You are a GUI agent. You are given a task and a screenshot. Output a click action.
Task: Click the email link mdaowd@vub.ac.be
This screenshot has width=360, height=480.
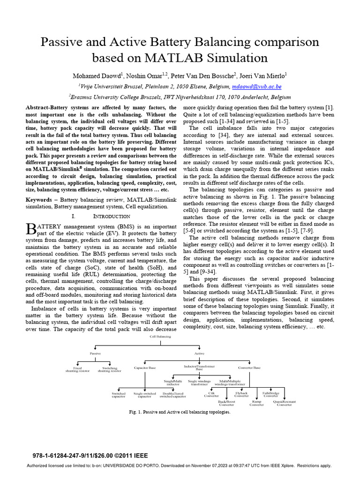pos(256,87)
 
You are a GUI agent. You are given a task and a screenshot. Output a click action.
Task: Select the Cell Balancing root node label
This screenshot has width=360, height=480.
pos(160,337)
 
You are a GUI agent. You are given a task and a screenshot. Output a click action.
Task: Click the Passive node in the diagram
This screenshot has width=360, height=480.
pos(95,353)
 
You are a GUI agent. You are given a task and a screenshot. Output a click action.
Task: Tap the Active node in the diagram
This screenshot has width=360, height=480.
pos(199,353)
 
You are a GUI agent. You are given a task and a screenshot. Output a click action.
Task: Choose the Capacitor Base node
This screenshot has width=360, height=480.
pos(145,368)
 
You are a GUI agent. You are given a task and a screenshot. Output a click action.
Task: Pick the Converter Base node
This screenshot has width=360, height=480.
pos(249,368)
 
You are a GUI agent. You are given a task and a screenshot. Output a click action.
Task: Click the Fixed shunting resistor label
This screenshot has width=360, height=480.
pos(77,369)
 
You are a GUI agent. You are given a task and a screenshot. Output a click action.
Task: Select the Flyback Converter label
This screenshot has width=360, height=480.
pos(242,395)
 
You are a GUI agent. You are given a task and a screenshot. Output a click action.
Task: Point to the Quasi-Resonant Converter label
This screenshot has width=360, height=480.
pos(284,403)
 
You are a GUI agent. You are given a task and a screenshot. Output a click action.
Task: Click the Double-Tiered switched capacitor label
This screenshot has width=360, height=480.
pos(172,395)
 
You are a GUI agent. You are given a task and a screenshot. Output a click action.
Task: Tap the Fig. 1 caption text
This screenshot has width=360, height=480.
pos(180,412)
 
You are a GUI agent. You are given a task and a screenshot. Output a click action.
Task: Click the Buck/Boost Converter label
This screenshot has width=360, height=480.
pos(226,403)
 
